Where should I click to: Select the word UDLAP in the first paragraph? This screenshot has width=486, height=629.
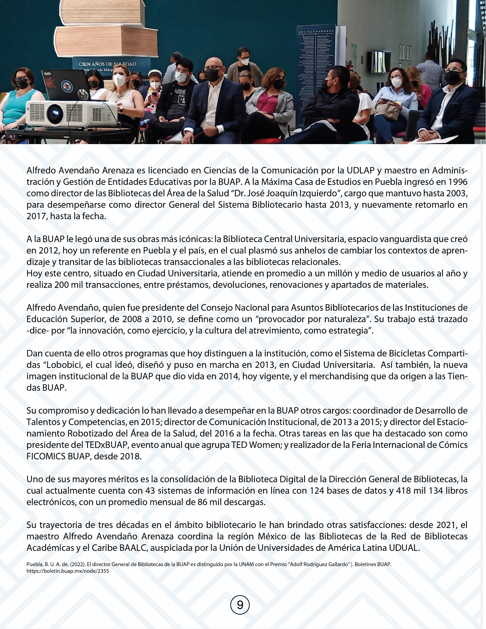point(360,171)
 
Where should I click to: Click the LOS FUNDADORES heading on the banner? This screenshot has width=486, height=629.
point(316,32)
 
